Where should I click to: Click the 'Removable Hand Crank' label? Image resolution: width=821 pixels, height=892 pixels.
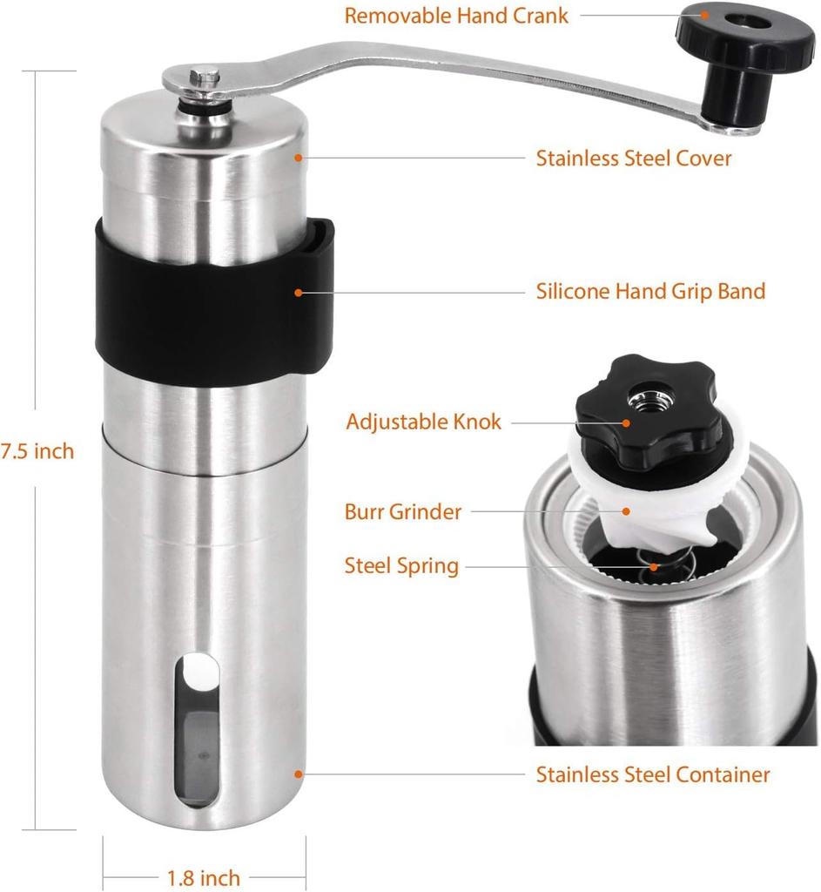click(x=456, y=16)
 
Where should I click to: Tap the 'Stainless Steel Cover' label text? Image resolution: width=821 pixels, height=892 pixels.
click(x=633, y=158)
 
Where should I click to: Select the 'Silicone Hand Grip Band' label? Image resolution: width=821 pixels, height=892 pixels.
click(x=650, y=291)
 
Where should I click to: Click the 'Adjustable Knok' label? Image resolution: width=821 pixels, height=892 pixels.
click(x=424, y=422)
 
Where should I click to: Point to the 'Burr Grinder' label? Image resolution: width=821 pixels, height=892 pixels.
click(x=402, y=511)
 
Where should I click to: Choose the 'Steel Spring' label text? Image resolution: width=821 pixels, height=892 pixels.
click(x=401, y=566)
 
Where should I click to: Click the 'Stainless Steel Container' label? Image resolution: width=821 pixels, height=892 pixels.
click(x=653, y=774)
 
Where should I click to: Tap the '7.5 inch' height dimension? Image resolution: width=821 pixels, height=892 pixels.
click(x=37, y=451)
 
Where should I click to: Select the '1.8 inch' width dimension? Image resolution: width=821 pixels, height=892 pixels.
click(x=204, y=877)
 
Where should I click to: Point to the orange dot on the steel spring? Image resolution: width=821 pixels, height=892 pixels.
click(x=655, y=567)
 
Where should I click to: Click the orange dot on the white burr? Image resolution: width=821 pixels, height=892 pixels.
click(x=626, y=511)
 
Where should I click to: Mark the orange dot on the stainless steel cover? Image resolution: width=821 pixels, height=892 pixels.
click(x=298, y=157)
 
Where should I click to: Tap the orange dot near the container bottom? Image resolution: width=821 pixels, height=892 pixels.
click(x=298, y=774)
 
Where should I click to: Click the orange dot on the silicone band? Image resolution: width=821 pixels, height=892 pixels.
click(x=298, y=293)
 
